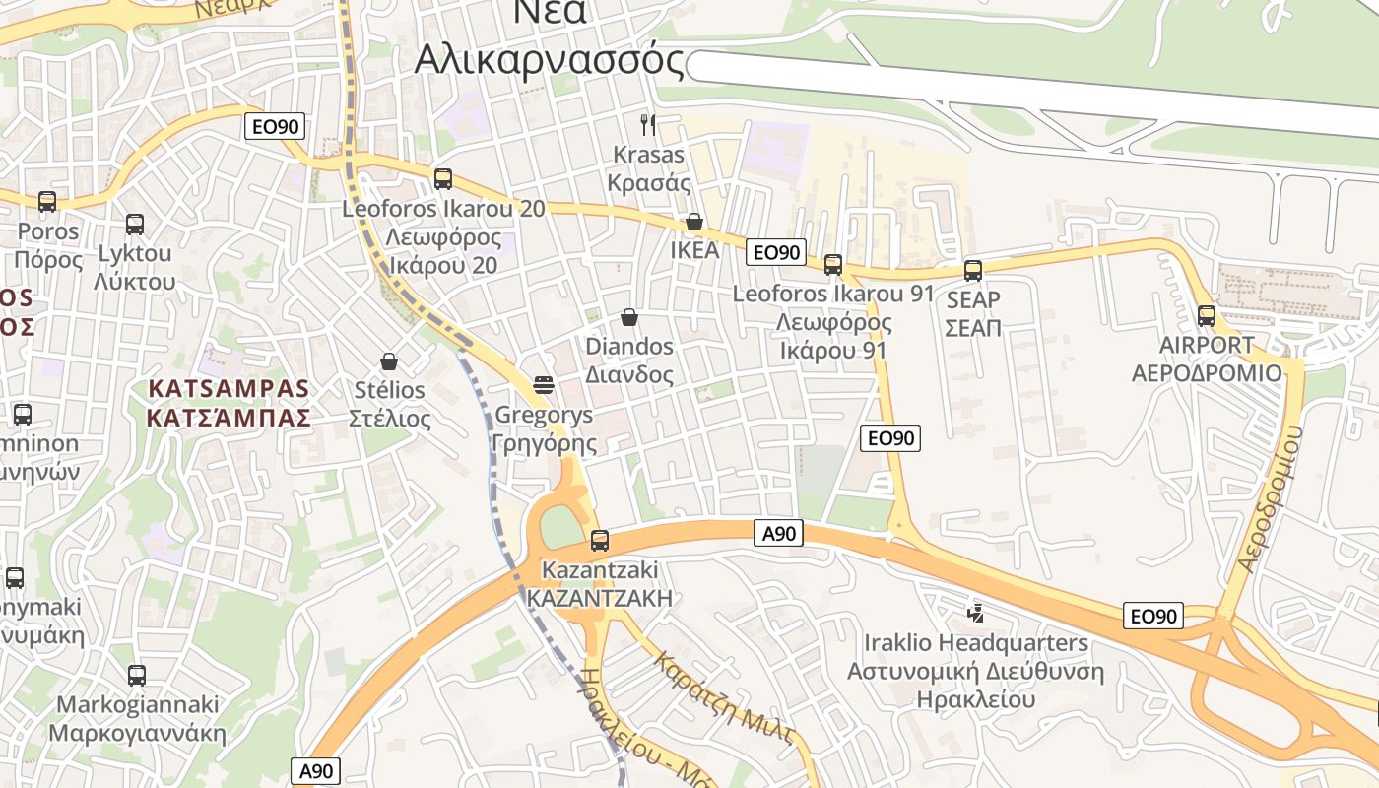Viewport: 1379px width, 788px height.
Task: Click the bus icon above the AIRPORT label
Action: (x=1207, y=316)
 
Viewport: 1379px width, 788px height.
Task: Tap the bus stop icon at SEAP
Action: (x=973, y=270)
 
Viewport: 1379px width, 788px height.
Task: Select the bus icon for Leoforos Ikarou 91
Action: (x=833, y=264)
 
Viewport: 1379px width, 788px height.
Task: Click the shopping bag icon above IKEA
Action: (x=694, y=222)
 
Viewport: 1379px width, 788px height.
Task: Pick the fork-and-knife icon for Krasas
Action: (x=648, y=124)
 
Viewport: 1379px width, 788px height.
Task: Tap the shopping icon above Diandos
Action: (x=629, y=317)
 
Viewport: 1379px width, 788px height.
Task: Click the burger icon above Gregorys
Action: (x=544, y=384)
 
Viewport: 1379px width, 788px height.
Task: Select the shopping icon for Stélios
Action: (x=389, y=361)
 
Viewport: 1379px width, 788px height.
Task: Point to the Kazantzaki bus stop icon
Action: (x=599, y=540)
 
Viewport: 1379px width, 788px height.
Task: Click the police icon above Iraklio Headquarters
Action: (x=976, y=614)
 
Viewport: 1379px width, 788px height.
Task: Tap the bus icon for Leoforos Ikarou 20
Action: (x=443, y=179)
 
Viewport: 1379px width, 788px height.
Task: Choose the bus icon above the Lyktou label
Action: (x=135, y=225)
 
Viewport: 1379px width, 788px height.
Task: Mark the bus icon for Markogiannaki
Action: (x=137, y=676)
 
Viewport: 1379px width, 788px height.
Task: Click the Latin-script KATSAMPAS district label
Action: (x=229, y=389)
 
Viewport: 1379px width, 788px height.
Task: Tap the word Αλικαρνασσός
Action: (x=549, y=60)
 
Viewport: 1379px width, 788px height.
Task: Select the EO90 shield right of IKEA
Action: (x=776, y=252)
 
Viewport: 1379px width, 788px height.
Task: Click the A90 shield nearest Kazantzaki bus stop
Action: (x=778, y=534)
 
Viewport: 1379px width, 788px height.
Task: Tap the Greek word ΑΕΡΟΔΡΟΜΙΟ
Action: (x=1207, y=373)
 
